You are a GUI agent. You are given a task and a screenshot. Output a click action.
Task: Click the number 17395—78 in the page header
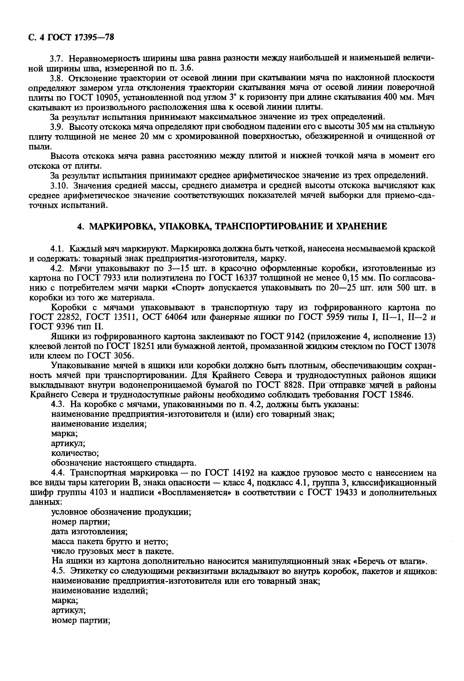point(94,37)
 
